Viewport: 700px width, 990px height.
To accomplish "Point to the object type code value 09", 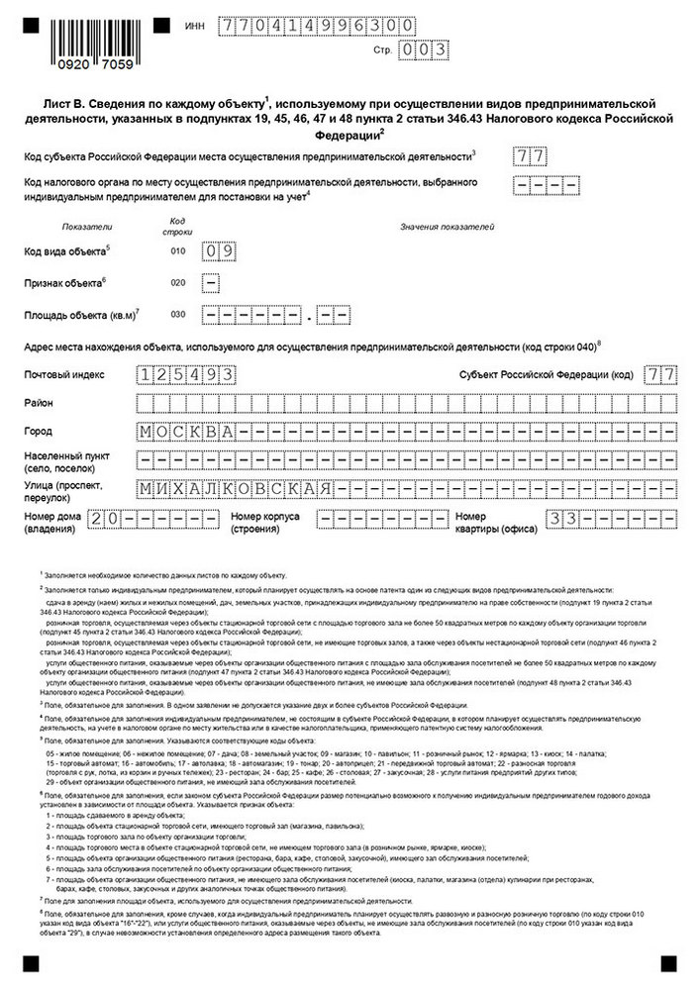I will click(x=218, y=251).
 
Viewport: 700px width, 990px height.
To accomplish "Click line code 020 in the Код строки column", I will click(x=177, y=283).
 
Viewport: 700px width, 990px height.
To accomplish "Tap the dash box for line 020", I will click(x=211, y=283).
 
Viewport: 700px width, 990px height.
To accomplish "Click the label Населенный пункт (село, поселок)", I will click(x=69, y=460).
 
